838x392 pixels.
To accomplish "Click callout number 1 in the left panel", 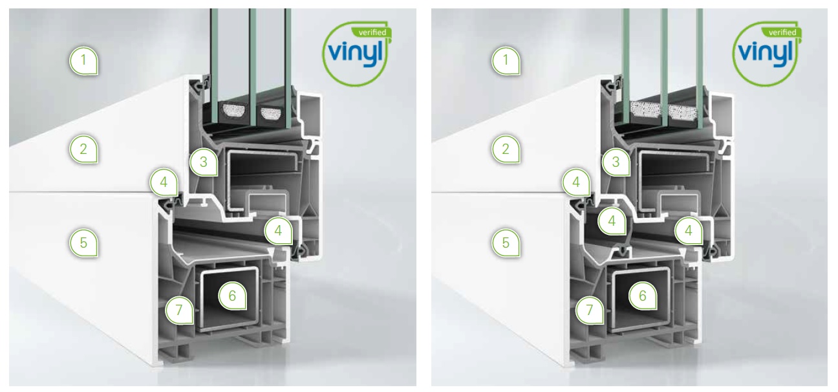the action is [84, 61].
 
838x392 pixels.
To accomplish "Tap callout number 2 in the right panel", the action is [506, 149].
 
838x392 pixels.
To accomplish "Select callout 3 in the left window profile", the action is [204, 162].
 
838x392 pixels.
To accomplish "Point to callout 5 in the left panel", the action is [84, 243].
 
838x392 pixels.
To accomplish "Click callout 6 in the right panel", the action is [643, 296].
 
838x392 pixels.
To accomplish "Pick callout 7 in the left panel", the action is [180, 310].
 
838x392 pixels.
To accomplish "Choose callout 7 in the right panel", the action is [590, 310].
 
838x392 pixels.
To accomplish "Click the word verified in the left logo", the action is [372, 32].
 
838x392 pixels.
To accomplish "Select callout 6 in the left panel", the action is [232, 296].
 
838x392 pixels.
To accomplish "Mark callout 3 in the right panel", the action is [616, 162].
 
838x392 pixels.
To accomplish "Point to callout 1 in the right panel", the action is [506, 61].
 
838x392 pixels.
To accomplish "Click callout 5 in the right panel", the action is [506, 243].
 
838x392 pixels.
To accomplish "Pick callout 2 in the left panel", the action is [84, 149].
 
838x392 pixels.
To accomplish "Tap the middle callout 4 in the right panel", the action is [612, 221].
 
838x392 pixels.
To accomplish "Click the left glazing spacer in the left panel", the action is [234, 111].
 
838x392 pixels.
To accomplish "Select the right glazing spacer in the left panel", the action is [270, 113].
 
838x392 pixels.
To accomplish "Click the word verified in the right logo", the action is [782, 32].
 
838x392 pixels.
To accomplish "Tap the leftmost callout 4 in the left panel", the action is [164, 182].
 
